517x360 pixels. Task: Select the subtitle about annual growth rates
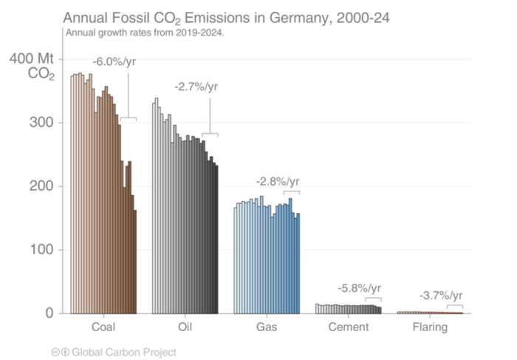145,33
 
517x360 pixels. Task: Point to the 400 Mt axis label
31,58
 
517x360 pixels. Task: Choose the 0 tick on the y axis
49,313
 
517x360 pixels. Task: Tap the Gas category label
267,327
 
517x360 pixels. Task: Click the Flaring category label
429,327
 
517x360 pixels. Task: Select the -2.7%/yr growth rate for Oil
196,86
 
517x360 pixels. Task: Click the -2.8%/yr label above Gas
278,181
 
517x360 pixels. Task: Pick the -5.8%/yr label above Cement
360,288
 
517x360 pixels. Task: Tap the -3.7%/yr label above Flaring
442,296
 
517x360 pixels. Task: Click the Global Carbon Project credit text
121,352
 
